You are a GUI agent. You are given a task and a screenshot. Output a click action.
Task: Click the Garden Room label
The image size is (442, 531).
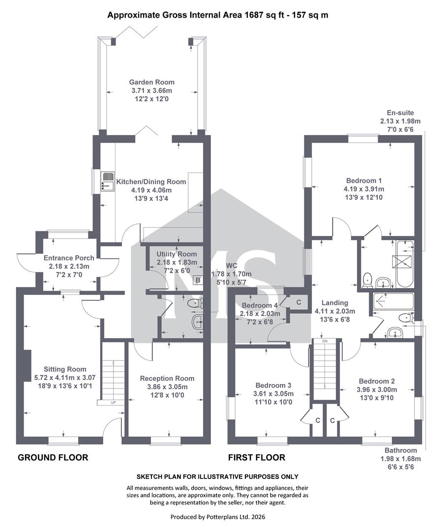pyautogui.click(x=151, y=82)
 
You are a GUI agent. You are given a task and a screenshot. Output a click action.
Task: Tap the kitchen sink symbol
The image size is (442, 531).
pyautogui.click(x=108, y=180)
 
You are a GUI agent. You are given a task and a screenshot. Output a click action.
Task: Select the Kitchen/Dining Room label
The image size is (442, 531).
pyautogui.click(x=151, y=182)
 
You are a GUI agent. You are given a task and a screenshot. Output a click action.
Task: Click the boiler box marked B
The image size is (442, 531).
pyautogui.click(x=198, y=280)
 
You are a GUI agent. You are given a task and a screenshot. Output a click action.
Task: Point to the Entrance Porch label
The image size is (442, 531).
pyautogui.click(x=69, y=258)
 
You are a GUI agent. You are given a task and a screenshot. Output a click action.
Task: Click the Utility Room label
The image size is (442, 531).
pyautogui.click(x=177, y=254)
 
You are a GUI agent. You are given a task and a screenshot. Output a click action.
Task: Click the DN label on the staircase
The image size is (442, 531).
pyautogui.click(x=325, y=341)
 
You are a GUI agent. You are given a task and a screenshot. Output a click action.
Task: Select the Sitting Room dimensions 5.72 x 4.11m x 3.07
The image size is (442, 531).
pyautogui.click(x=65, y=378)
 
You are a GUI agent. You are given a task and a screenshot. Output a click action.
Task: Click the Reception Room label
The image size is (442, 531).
pyautogui.click(x=167, y=378)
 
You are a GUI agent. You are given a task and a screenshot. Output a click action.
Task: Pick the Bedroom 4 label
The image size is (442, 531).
pyautogui.click(x=260, y=305)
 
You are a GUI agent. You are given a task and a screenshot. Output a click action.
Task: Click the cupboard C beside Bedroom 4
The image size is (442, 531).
pyautogui.click(x=299, y=302)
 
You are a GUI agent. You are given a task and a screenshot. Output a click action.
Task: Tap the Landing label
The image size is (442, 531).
pyautogui.click(x=335, y=303)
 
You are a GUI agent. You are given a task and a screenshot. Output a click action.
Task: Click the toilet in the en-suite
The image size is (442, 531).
pyautogui.click(x=367, y=281)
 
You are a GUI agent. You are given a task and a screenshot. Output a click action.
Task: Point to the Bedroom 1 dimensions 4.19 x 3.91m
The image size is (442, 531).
pyautogui.click(x=364, y=189)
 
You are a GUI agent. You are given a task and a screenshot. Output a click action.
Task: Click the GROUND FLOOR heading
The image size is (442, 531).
pyautogui.click(x=53, y=458)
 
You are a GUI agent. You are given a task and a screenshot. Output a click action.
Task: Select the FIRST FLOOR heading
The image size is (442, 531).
pyautogui.click(x=257, y=458)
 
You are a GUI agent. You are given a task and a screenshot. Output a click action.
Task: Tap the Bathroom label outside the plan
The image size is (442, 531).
pyautogui.click(x=401, y=450)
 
